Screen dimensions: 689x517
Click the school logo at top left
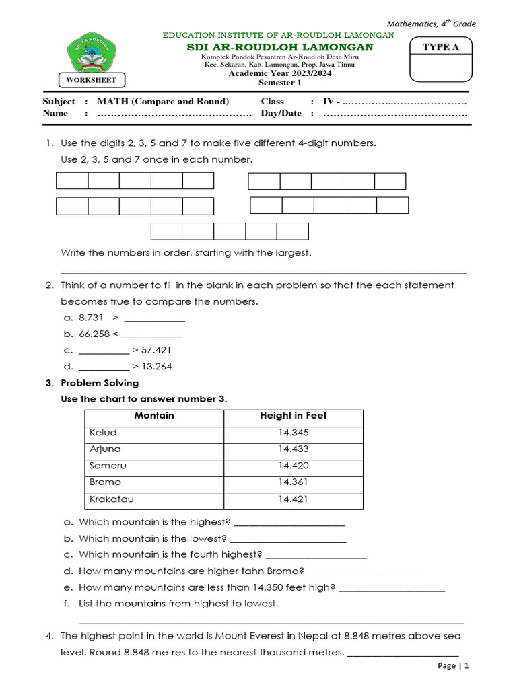(92, 54)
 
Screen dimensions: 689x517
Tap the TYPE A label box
(441, 46)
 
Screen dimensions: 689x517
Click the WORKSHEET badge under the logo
(92, 80)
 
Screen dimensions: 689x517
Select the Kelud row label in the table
(103, 432)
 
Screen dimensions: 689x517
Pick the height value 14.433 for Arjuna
(293, 449)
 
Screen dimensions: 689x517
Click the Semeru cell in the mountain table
(108, 466)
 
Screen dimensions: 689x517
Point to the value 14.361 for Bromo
(293, 482)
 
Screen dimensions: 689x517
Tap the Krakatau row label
(110, 499)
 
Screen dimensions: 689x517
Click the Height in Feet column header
(293, 416)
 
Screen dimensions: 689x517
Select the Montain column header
(154, 416)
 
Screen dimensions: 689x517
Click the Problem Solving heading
(100, 383)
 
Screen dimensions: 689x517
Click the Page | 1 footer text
(452, 665)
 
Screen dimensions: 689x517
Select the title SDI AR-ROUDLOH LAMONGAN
(279, 47)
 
